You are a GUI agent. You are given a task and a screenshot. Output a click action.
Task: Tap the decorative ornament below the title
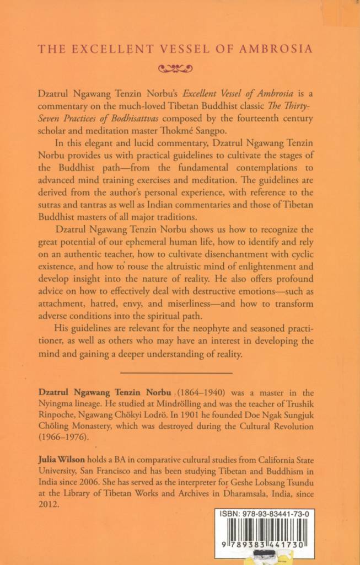tap(175, 69)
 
